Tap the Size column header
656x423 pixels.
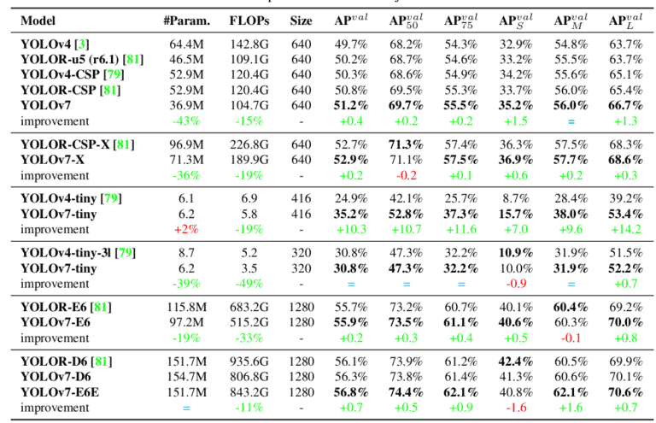point(301,21)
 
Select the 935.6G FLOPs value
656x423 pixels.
point(247,362)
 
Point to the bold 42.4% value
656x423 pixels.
point(514,362)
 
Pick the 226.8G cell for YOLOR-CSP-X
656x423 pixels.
point(247,144)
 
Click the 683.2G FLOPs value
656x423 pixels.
point(247,308)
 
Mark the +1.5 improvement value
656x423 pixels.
point(514,120)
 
